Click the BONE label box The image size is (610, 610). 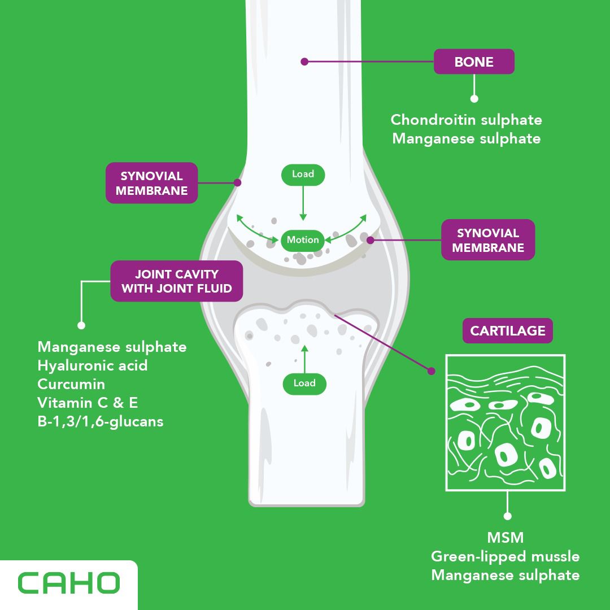click(474, 62)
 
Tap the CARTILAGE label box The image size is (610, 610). click(507, 330)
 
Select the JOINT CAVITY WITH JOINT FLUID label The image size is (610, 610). click(176, 281)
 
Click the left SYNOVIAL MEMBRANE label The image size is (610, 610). click(152, 183)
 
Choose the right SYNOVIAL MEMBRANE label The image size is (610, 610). click(487, 240)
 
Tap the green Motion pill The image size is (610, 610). click(303, 240)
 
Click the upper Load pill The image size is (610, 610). click(303, 175)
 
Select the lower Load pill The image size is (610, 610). click(304, 384)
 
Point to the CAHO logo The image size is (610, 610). click(69, 583)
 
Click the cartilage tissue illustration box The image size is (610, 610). click(506, 422)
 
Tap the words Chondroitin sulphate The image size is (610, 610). click(466, 120)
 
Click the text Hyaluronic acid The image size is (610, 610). click(93, 365)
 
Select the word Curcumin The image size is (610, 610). click(71, 384)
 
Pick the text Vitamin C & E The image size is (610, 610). click(88, 403)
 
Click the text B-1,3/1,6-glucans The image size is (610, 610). click(101, 421)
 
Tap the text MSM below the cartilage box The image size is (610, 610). click(505, 537)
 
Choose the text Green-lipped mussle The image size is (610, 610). click(505, 556)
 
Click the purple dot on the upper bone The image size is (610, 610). click(304, 62)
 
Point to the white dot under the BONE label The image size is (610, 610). click(474, 98)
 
